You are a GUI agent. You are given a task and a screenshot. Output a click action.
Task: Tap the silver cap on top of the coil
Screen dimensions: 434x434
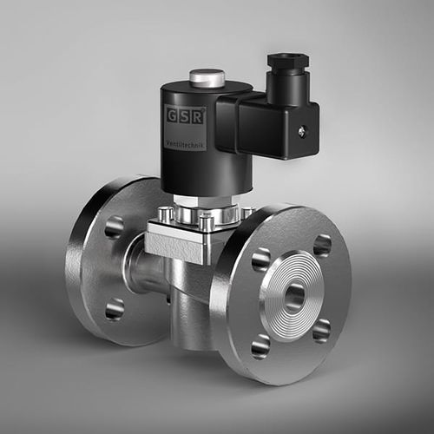point(207,79)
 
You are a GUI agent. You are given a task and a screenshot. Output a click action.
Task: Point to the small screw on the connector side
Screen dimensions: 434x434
point(301,131)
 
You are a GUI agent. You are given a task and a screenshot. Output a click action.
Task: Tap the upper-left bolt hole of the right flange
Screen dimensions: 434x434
point(261,259)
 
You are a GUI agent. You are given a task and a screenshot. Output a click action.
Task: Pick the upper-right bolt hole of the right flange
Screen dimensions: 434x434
point(322,246)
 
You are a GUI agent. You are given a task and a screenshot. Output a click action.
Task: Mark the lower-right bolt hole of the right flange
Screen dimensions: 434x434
point(322,331)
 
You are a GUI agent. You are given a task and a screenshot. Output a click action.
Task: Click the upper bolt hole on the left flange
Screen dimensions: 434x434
point(114,227)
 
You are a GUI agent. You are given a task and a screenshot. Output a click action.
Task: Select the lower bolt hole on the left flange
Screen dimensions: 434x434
point(114,308)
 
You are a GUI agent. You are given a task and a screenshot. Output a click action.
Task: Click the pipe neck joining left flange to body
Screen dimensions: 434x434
point(139,265)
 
